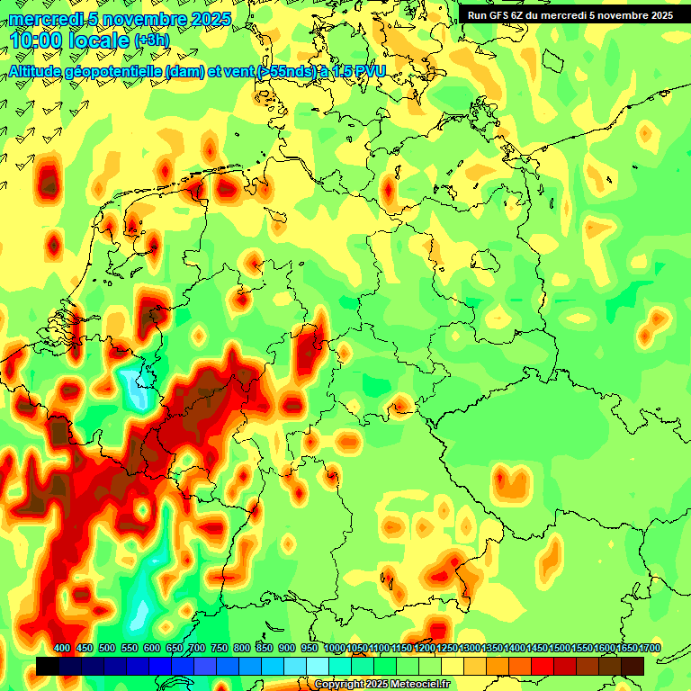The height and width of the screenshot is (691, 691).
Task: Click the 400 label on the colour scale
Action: pyautogui.click(x=62, y=649)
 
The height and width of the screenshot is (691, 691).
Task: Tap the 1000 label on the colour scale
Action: pyautogui.click(x=335, y=649)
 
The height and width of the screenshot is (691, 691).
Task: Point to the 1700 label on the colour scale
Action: pyautogui.click(x=627, y=649)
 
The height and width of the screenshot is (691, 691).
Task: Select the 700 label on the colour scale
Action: pyautogui.click(x=197, y=649)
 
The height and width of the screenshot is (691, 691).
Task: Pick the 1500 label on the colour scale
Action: pyautogui.click(x=537, y=649)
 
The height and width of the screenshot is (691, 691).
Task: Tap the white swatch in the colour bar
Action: pyautogui.click(x=318, y=666)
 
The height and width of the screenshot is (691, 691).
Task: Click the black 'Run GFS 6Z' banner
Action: pyautogui.click(x=570, y=15)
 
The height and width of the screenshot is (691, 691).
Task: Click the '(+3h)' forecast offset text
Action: pyautogui.click(x=151, y=41)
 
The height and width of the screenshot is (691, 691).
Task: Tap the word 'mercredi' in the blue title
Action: pyautogui.click(x=46, y=19)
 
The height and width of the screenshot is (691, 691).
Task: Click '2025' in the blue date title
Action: pyautogui.click(x=208, y=19)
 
